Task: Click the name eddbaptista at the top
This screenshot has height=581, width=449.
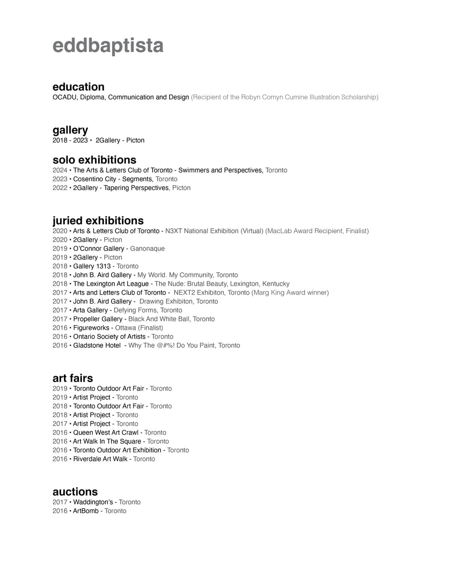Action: (108, 45)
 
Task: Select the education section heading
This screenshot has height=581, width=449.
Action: (78, 87)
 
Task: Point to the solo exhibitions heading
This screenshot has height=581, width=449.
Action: (94, 160)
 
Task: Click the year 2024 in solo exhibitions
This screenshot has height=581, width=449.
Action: (60, 170)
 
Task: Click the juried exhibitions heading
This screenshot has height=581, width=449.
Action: (98, 220)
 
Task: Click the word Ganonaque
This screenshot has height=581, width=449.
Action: (147, 249)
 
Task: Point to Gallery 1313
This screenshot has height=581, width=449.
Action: (92, 266)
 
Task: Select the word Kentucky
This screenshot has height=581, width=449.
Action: (276, 284)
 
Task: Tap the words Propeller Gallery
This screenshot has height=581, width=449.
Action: (98, 319)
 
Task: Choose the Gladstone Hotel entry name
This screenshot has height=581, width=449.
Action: (97, 346)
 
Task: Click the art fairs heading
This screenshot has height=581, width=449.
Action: (73, 378)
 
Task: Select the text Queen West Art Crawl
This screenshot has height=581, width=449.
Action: (106, 433)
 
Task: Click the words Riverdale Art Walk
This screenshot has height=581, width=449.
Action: (100, 459)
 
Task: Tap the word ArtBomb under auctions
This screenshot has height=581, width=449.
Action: (86, 511)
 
